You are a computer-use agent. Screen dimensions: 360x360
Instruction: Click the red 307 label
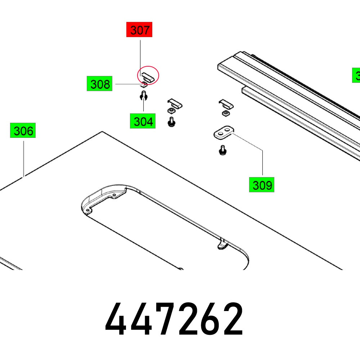pos(139,30)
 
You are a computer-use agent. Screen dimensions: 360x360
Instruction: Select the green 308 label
pos(99,84)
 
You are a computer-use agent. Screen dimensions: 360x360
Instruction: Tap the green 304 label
pos(143,121)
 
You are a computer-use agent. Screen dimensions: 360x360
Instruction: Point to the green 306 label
pos(23,131)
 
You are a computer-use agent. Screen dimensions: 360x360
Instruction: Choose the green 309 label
pos(262,185)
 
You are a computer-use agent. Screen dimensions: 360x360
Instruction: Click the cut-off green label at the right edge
pos(356,76)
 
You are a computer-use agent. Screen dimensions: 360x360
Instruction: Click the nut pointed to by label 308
pos(144,85)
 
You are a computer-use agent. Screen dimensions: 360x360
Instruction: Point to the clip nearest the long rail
pos(226,104)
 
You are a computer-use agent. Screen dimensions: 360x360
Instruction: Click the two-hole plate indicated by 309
pos(224,132)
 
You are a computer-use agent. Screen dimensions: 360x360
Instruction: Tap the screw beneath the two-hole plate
pos(222,150)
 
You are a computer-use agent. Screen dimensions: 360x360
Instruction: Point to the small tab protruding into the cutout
pos(222,245)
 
